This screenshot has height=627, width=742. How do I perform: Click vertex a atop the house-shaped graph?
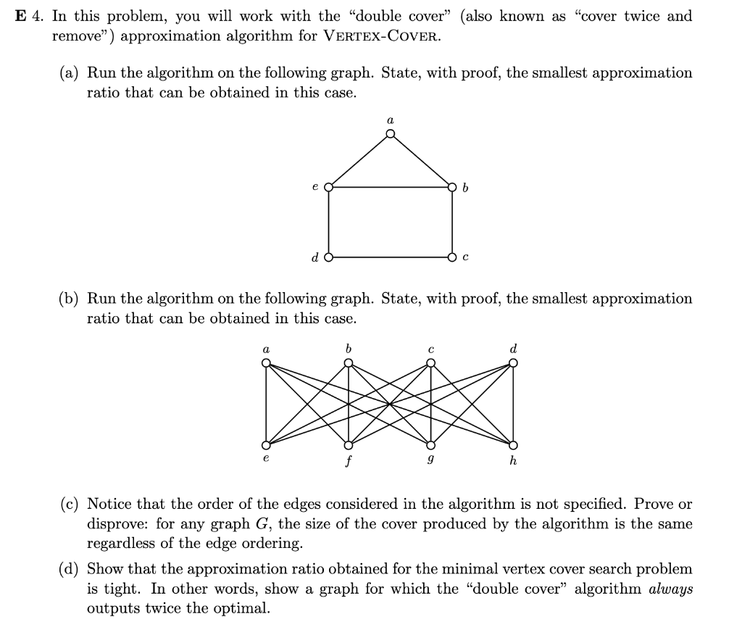390,133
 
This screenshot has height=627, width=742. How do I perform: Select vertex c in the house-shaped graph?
453,257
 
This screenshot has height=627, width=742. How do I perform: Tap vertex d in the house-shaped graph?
329,257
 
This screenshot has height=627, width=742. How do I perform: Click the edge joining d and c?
391,257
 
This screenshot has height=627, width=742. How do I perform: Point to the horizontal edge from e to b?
391,187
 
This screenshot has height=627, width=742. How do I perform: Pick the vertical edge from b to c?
453,222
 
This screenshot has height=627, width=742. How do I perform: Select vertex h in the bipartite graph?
514,444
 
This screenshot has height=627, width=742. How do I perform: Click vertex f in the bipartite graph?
349,444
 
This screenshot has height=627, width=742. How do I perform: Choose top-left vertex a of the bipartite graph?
267,363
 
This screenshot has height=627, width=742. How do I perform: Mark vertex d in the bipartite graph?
514,363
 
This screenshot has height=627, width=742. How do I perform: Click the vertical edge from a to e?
267,404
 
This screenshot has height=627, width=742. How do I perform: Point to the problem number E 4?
30,16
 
